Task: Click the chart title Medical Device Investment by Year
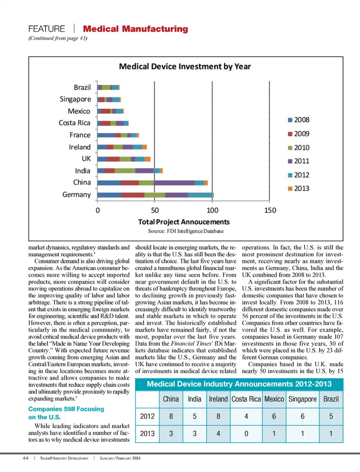[185, 67]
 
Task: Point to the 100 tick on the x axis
[212, 211]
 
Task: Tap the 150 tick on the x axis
[270, 211]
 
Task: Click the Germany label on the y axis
[76, 195]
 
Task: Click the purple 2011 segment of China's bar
[174, 183]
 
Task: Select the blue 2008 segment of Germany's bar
[109, 195]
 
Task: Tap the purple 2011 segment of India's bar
[144, 171]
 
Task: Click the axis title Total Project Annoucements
[184, 222]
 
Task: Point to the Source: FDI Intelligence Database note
[186, 231]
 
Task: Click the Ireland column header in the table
[218, 399]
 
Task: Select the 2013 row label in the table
[147, 434]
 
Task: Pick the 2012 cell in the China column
[171, 417]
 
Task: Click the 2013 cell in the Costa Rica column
[246, 434]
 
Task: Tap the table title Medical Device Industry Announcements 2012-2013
[239, 384]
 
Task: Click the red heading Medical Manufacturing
[135, 29]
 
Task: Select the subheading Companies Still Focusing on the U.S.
[66, 413]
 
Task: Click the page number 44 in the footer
[25, 458]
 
